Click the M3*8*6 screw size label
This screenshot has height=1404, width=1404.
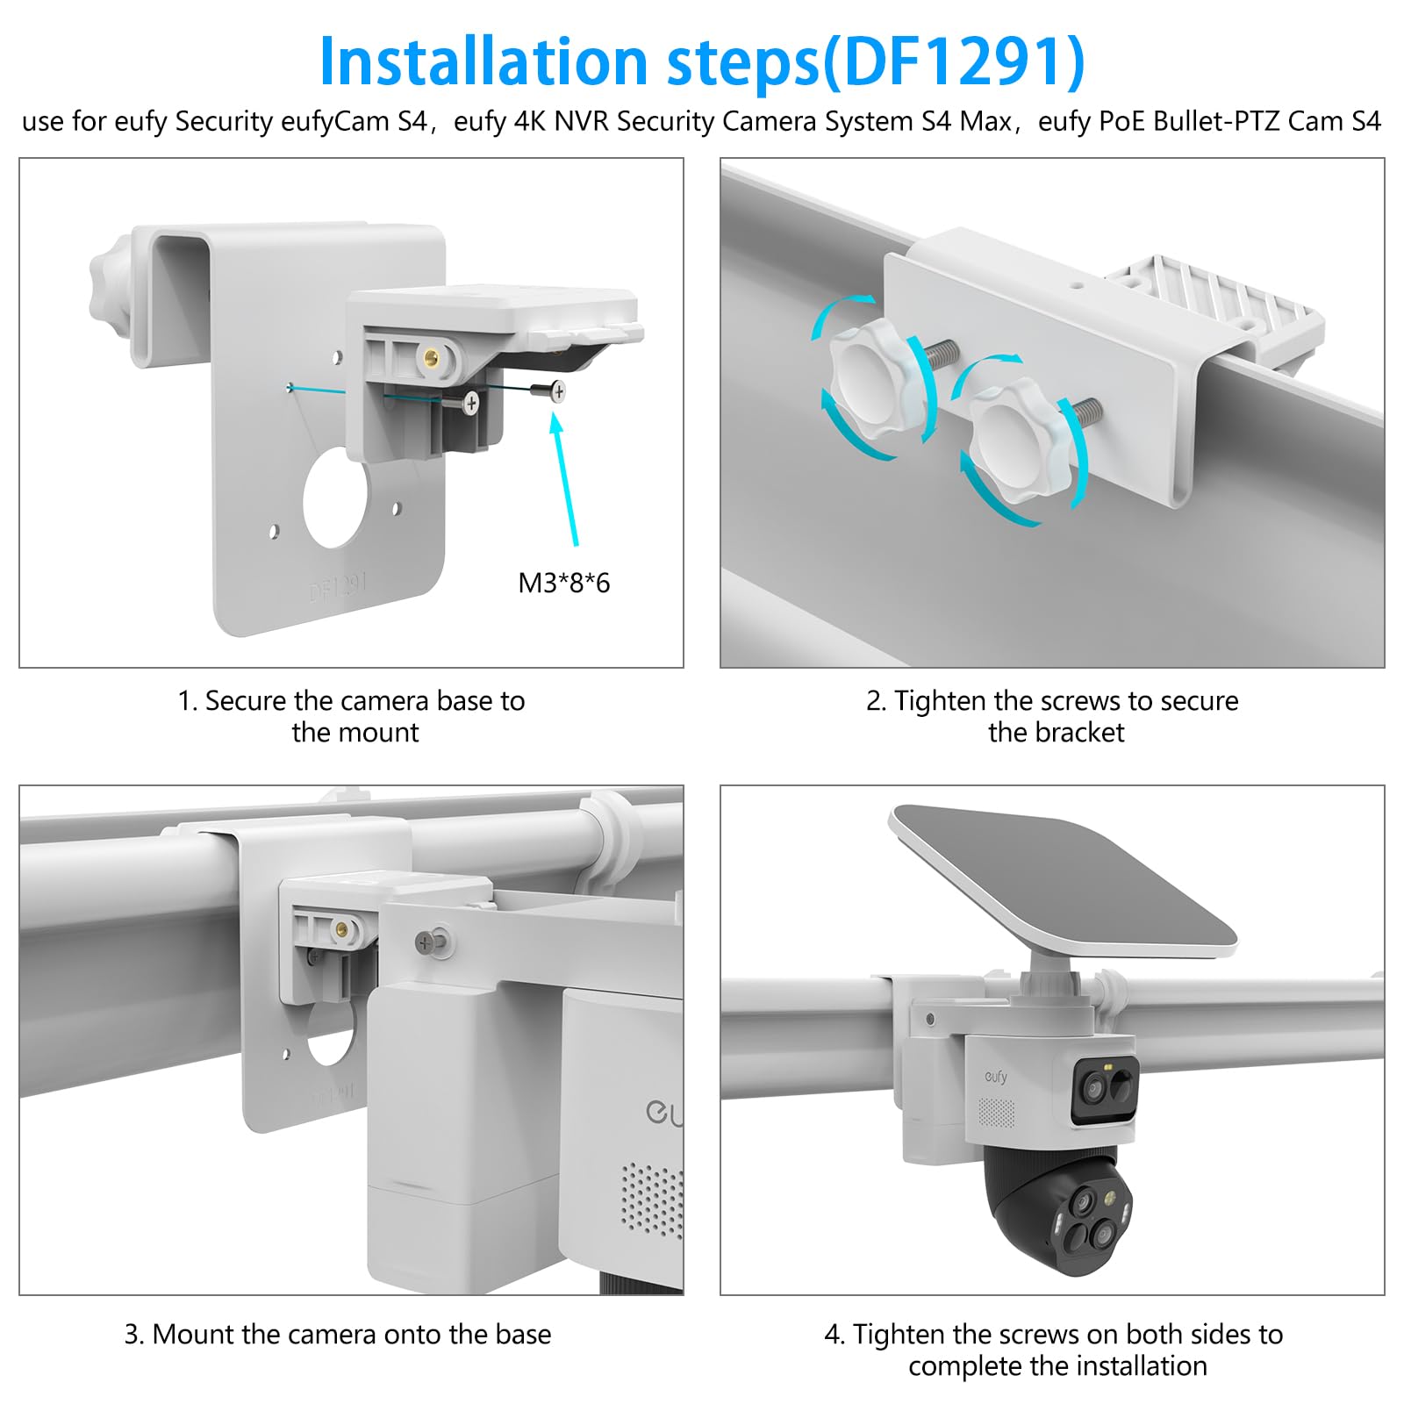pyautogui.click(x=563, y=583)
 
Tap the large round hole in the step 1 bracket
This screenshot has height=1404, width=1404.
pyautogui.click(x=335, y=498)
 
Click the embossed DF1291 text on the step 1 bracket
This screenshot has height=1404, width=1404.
pyautogui.click(x=339, y=588)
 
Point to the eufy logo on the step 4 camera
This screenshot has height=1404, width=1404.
pyautogui.click(x=996, y=1076)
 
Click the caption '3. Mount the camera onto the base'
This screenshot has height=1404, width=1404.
pyautogui.click(x=338, y=1334)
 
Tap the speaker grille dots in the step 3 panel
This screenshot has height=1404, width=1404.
pyautogui.click(x=652, y=1200)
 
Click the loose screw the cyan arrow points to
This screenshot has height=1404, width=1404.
pyautogui.click(x=548, y=391)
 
